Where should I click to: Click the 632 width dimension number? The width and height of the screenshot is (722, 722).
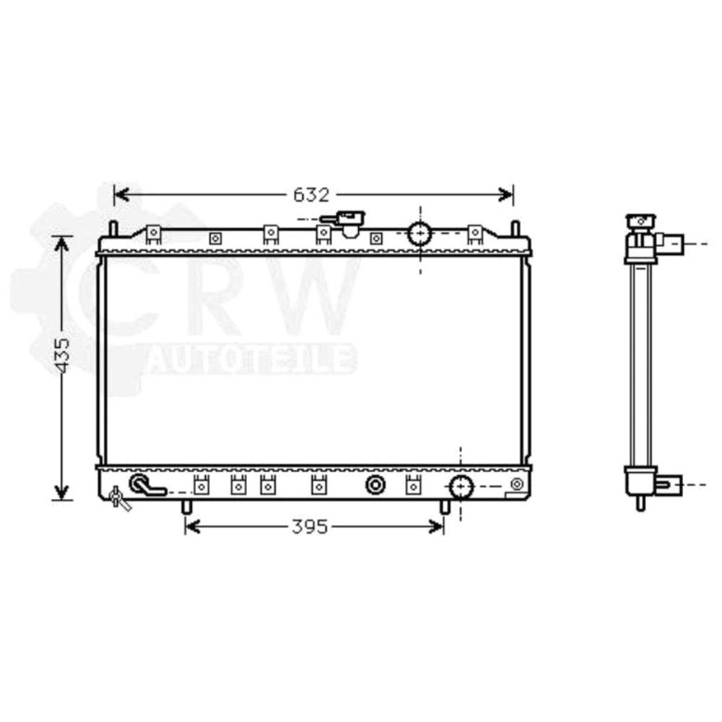tap(311, 195)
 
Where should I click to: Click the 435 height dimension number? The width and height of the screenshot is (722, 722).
tap(62, 354)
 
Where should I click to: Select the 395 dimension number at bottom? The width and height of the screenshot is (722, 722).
tap(310, 527)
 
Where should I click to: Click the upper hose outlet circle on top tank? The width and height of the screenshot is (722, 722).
tap(419, 233)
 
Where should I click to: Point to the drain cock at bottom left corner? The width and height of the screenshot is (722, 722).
tap(118, 497)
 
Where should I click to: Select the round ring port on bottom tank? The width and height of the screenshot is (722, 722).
tap(375, 485)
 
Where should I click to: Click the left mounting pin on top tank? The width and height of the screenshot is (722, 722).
tap(113, 229)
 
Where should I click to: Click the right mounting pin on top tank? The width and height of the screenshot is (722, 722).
tap(515, 229)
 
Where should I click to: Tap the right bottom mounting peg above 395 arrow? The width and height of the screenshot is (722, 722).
tap(445, 507)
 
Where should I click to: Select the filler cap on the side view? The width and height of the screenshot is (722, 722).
tap(639, 221)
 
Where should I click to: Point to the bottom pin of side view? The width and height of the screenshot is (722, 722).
tap(640, 503)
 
